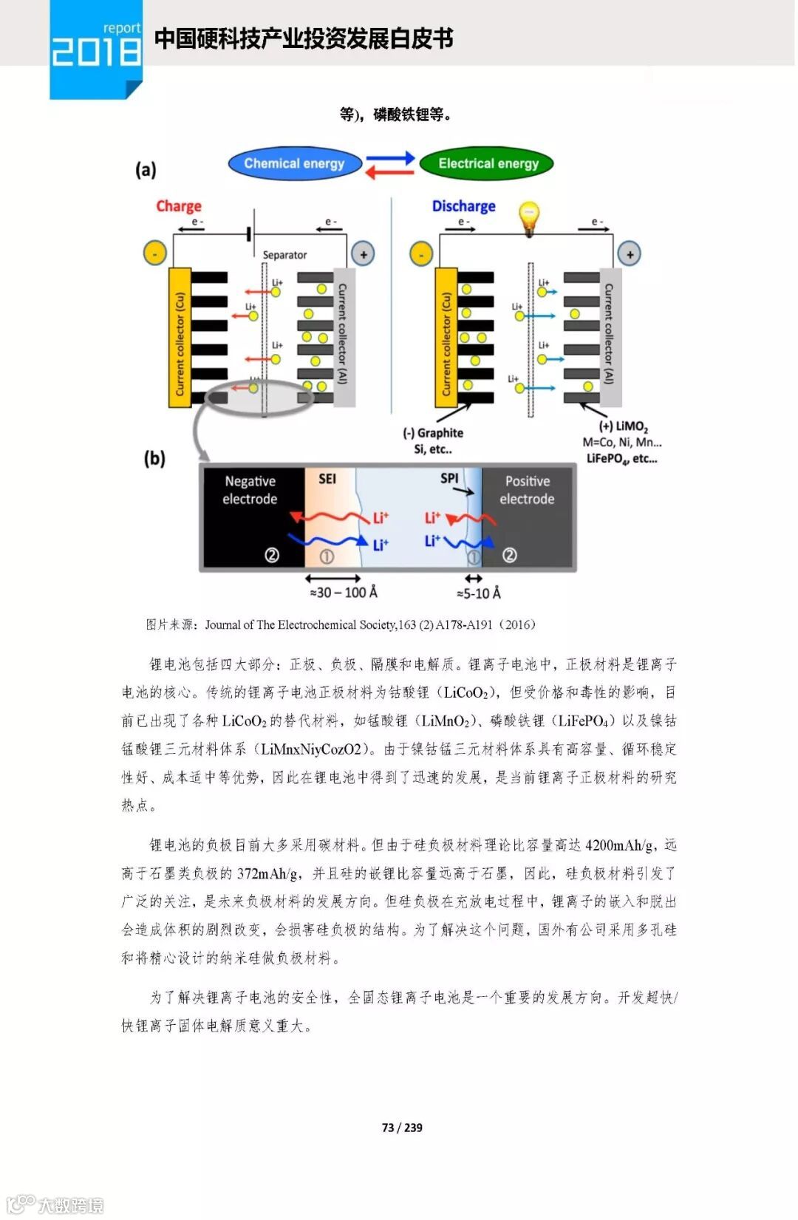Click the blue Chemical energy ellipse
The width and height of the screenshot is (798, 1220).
tap(294, 163)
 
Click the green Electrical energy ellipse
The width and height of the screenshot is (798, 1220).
tap(488, 163)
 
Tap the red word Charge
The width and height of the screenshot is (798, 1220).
tap(178, 206)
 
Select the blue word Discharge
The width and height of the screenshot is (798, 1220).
tap(463, 206)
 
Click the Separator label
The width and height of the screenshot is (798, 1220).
tap(284, 255)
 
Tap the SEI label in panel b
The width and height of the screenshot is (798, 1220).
tap(327, 479)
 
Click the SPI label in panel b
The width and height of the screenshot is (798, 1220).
tap(449, 478)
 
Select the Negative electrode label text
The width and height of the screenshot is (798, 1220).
tap(250, 490)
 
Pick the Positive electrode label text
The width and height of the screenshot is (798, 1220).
tap(527, 490)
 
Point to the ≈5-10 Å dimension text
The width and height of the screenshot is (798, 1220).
tap(478, 593)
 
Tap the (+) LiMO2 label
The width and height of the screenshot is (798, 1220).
tap(623, 426)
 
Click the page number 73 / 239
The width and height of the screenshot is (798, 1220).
tap(402, 1128)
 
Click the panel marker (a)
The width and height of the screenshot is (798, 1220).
tap(146, 170)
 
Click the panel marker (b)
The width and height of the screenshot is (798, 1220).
tap(154, 458)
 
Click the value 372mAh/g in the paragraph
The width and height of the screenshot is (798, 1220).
tap(268, 873)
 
